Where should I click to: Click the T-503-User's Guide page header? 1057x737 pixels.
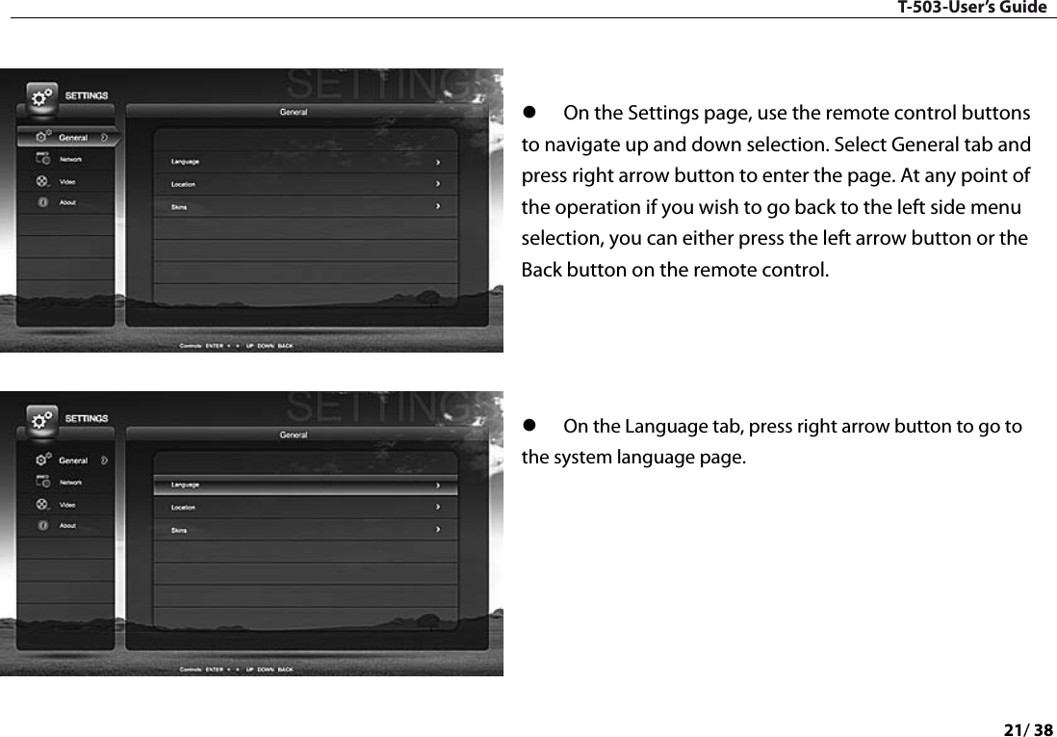pos(972,9)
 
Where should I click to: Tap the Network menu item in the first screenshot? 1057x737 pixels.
pos(70,159)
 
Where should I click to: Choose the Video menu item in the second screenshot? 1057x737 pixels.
pos(68,505)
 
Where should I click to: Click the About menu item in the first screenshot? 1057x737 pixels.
pos(67,202)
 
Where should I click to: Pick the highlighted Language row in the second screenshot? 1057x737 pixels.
pos(305,485)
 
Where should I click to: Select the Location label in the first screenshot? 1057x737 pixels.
pos(183,184)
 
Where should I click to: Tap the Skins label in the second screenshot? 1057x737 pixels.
pos(179,530)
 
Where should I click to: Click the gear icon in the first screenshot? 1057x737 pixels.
pos(40,98)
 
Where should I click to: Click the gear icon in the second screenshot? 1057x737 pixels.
pos(40,421)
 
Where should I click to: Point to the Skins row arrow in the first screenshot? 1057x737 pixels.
pos(439,206)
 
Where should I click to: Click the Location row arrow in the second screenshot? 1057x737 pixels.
pos(439,507)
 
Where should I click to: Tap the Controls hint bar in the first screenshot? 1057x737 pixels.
pos(236,346)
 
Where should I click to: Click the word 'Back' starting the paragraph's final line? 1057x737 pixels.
pos(539,269)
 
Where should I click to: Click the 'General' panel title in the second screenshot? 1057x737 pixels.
pos(294,435)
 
